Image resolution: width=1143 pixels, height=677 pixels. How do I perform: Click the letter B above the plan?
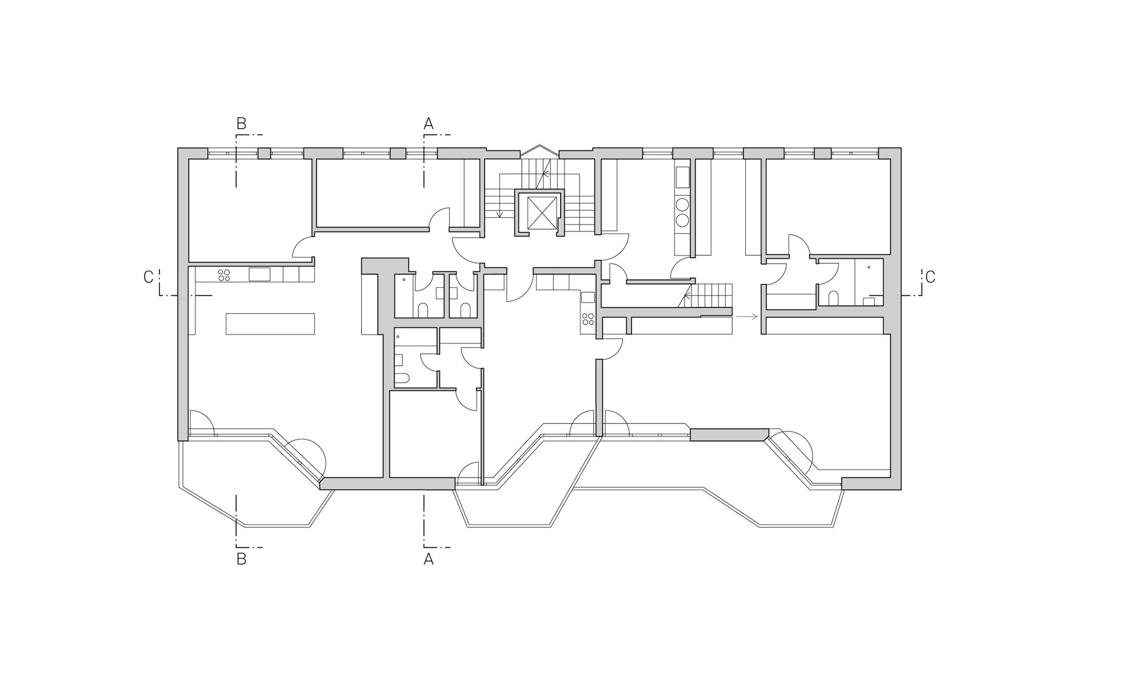241,123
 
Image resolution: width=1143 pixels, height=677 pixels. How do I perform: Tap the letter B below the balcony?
241,559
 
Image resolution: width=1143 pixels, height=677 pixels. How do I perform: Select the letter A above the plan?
429,123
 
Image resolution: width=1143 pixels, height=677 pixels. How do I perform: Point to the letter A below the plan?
429,559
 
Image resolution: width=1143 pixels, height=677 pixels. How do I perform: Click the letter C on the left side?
149,277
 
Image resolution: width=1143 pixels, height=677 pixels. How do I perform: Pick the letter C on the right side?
930,277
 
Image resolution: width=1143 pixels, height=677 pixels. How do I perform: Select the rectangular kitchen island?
270,323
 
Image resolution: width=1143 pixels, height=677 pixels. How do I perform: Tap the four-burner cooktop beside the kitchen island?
224,275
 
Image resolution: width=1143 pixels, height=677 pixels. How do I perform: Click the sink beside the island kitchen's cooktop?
259,274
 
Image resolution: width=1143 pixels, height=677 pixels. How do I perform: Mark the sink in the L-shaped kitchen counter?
588,298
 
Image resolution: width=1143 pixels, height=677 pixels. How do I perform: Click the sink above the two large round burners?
682,178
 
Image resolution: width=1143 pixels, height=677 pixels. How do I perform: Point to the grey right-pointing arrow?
746,316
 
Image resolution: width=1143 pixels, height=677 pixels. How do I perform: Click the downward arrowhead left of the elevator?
499,215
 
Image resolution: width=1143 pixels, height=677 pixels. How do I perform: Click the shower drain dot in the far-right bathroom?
869,267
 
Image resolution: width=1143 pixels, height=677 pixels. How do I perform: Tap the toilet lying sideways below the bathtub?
402,379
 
